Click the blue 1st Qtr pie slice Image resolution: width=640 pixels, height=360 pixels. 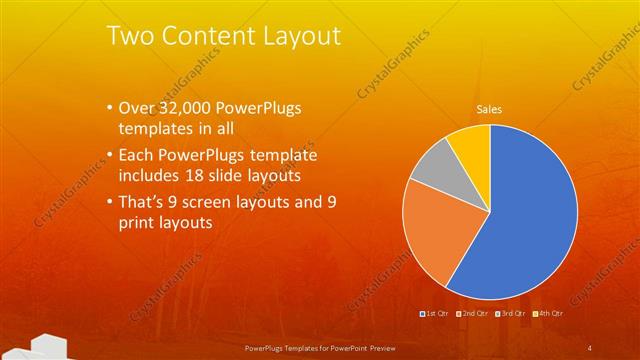[530, 220]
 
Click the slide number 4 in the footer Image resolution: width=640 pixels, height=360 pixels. [591, 347]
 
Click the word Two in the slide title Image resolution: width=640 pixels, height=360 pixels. [130, 36]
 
